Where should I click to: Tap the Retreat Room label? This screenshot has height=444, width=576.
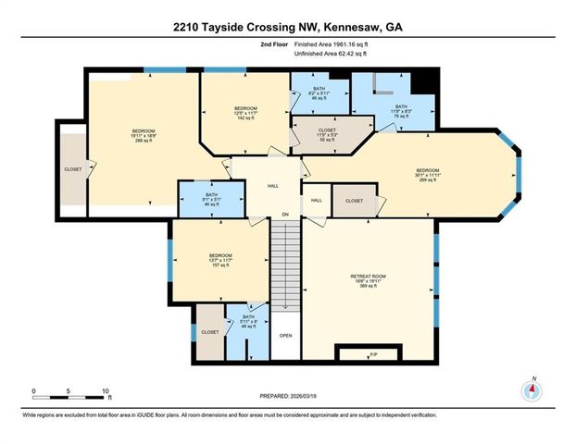[x=367, y=278]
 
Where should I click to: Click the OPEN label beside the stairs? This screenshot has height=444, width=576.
[x=285, y=335]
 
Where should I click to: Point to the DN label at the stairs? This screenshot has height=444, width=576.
[x=285, y=216]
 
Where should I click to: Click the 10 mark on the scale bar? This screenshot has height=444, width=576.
[x=106, y=391]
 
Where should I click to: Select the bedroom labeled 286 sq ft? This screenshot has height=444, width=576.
[x=143, y=135]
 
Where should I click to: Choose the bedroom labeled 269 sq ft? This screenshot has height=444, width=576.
[x=427, y=173]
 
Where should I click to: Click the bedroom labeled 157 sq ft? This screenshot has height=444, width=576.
[x=220, y=259]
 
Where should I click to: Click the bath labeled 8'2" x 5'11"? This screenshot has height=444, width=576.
[x=319, y=92]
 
